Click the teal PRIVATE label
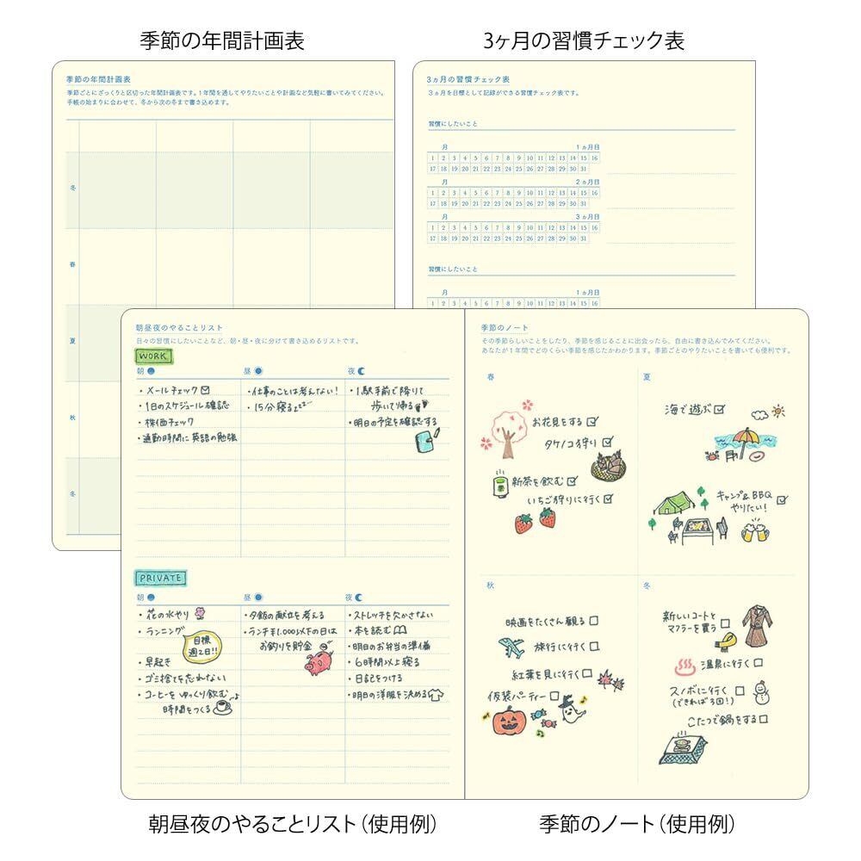pos(161,578)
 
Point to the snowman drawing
pos(759,693)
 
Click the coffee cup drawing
pos(220,707)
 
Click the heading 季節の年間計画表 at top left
pos(222,40)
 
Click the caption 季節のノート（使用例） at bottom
pos(636,825)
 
